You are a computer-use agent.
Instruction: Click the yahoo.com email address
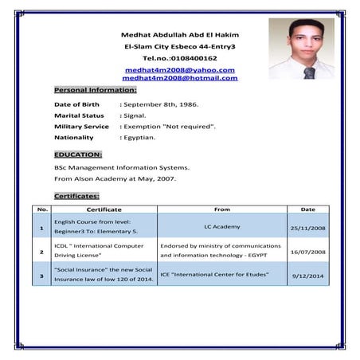coord(180,70)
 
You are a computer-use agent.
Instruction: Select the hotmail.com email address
coord(180,78)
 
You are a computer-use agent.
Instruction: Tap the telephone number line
coord(179,58)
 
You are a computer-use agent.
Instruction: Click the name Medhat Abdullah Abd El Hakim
coord(179,35)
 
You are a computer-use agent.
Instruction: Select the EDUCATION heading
coord(78,154)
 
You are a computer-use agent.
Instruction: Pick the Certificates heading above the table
coord(76,195)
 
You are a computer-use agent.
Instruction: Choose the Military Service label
coord(81,127)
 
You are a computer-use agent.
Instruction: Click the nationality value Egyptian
coord(139,138)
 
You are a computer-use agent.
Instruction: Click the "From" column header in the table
coord(222,209)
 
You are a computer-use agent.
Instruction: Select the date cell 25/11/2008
coord(307,228)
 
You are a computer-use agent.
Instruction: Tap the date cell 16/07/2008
coord(307,252)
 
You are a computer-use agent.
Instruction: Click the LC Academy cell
coord(221,227)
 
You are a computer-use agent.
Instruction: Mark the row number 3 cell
coord(41,276)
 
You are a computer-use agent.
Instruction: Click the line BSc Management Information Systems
coord(121,167)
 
